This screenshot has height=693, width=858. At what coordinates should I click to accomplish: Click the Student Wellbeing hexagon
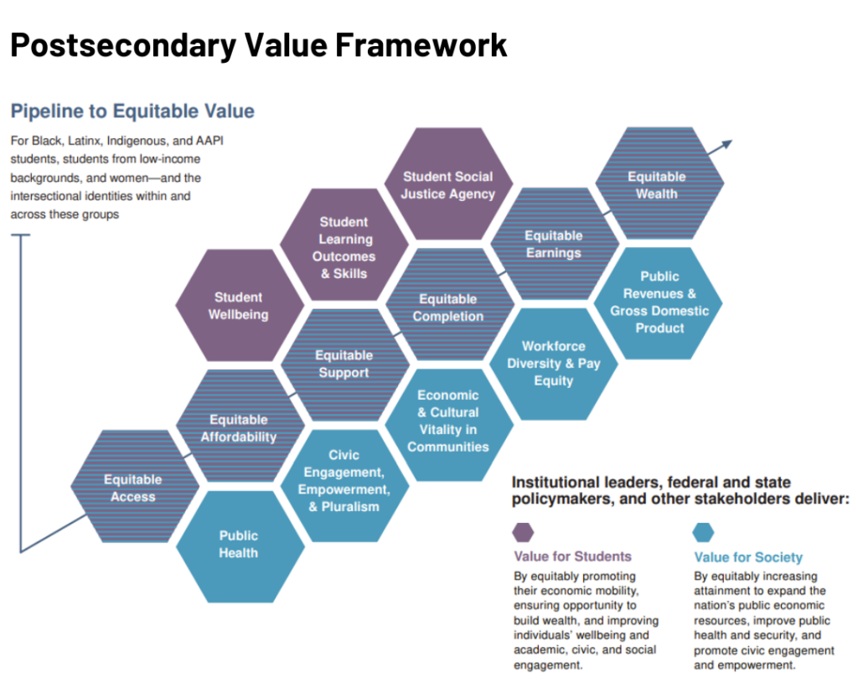pyautogui.click(x=239, y=306)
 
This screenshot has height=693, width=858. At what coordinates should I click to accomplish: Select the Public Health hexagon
pyautogui.click(x=239, y=545)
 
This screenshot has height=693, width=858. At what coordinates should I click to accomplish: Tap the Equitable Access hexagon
pyautogui.click(x=134, y=488)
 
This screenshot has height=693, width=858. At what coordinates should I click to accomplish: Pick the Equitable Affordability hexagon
pyautogui.click(x=239, y=427)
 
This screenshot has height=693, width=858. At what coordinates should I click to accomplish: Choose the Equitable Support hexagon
pyautogui.click(x=344, y=364)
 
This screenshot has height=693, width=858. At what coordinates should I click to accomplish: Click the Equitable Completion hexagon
pyautogui.click(x=448, y=308)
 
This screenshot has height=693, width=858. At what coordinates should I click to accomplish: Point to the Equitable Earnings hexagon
pyautogui.click(x=553, y=244)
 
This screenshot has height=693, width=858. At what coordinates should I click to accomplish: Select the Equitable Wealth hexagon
pyautogui.click(x=658, y=184)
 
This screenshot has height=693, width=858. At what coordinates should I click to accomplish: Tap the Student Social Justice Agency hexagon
pyautogui.click(x=448, y=185)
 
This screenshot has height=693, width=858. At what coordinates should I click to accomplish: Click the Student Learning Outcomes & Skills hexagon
pyautogui.click(x=344, y=247)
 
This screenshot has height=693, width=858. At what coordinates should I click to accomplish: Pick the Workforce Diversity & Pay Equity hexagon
pyautogui.click(x=553, y=363)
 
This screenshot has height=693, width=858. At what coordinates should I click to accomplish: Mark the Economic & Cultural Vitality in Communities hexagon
pyautogui.click(x=448, y=421)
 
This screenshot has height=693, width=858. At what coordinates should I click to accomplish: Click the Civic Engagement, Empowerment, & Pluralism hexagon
pyautogui.click(x=344, y=481)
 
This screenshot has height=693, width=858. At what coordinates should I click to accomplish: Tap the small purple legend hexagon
pyautogui.click(x=523, y=532)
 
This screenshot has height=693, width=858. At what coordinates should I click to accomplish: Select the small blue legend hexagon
pyautogui.click(x=704, y=532)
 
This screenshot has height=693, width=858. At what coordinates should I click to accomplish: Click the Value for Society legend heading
pyautogui.click(x=748, y=557)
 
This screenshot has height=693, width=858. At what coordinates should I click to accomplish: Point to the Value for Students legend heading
pyautogui.click(x=572, y=556)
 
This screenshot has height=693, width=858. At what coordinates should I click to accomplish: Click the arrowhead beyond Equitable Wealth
pyautogui.click(x=726, y=145)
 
